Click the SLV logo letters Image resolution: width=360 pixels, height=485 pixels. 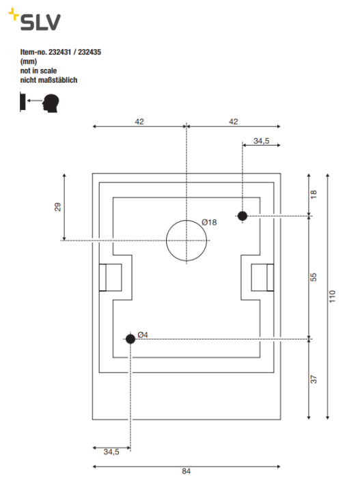pos(40,23)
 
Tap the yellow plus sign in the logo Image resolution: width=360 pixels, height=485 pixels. pos(14,14)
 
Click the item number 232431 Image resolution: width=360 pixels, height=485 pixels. pos(59,52)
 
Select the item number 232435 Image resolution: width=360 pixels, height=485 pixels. pos(89,52)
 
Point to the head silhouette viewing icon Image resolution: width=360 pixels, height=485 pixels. pos(51,103)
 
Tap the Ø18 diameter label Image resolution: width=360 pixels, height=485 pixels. pos(209,222)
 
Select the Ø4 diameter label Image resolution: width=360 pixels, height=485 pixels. pos(143,335)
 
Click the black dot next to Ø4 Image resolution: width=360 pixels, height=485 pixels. pos(130,339)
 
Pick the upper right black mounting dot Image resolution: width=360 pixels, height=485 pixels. pos(243,216)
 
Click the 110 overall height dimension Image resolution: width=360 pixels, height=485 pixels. pos(332,296)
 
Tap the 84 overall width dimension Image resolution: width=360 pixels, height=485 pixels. pos(186,471)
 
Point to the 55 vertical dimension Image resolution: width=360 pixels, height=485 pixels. pos(314,277)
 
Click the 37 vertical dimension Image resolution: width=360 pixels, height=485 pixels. pos(314,379)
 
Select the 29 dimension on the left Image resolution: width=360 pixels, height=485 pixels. pos(58,206)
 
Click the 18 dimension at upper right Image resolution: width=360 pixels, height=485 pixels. pos(314,194)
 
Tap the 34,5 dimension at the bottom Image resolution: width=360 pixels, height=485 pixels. pos(111,452)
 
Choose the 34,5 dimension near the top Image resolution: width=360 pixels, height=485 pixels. pos(262,141)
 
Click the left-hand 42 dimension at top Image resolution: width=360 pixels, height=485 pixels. pos(139,122)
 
